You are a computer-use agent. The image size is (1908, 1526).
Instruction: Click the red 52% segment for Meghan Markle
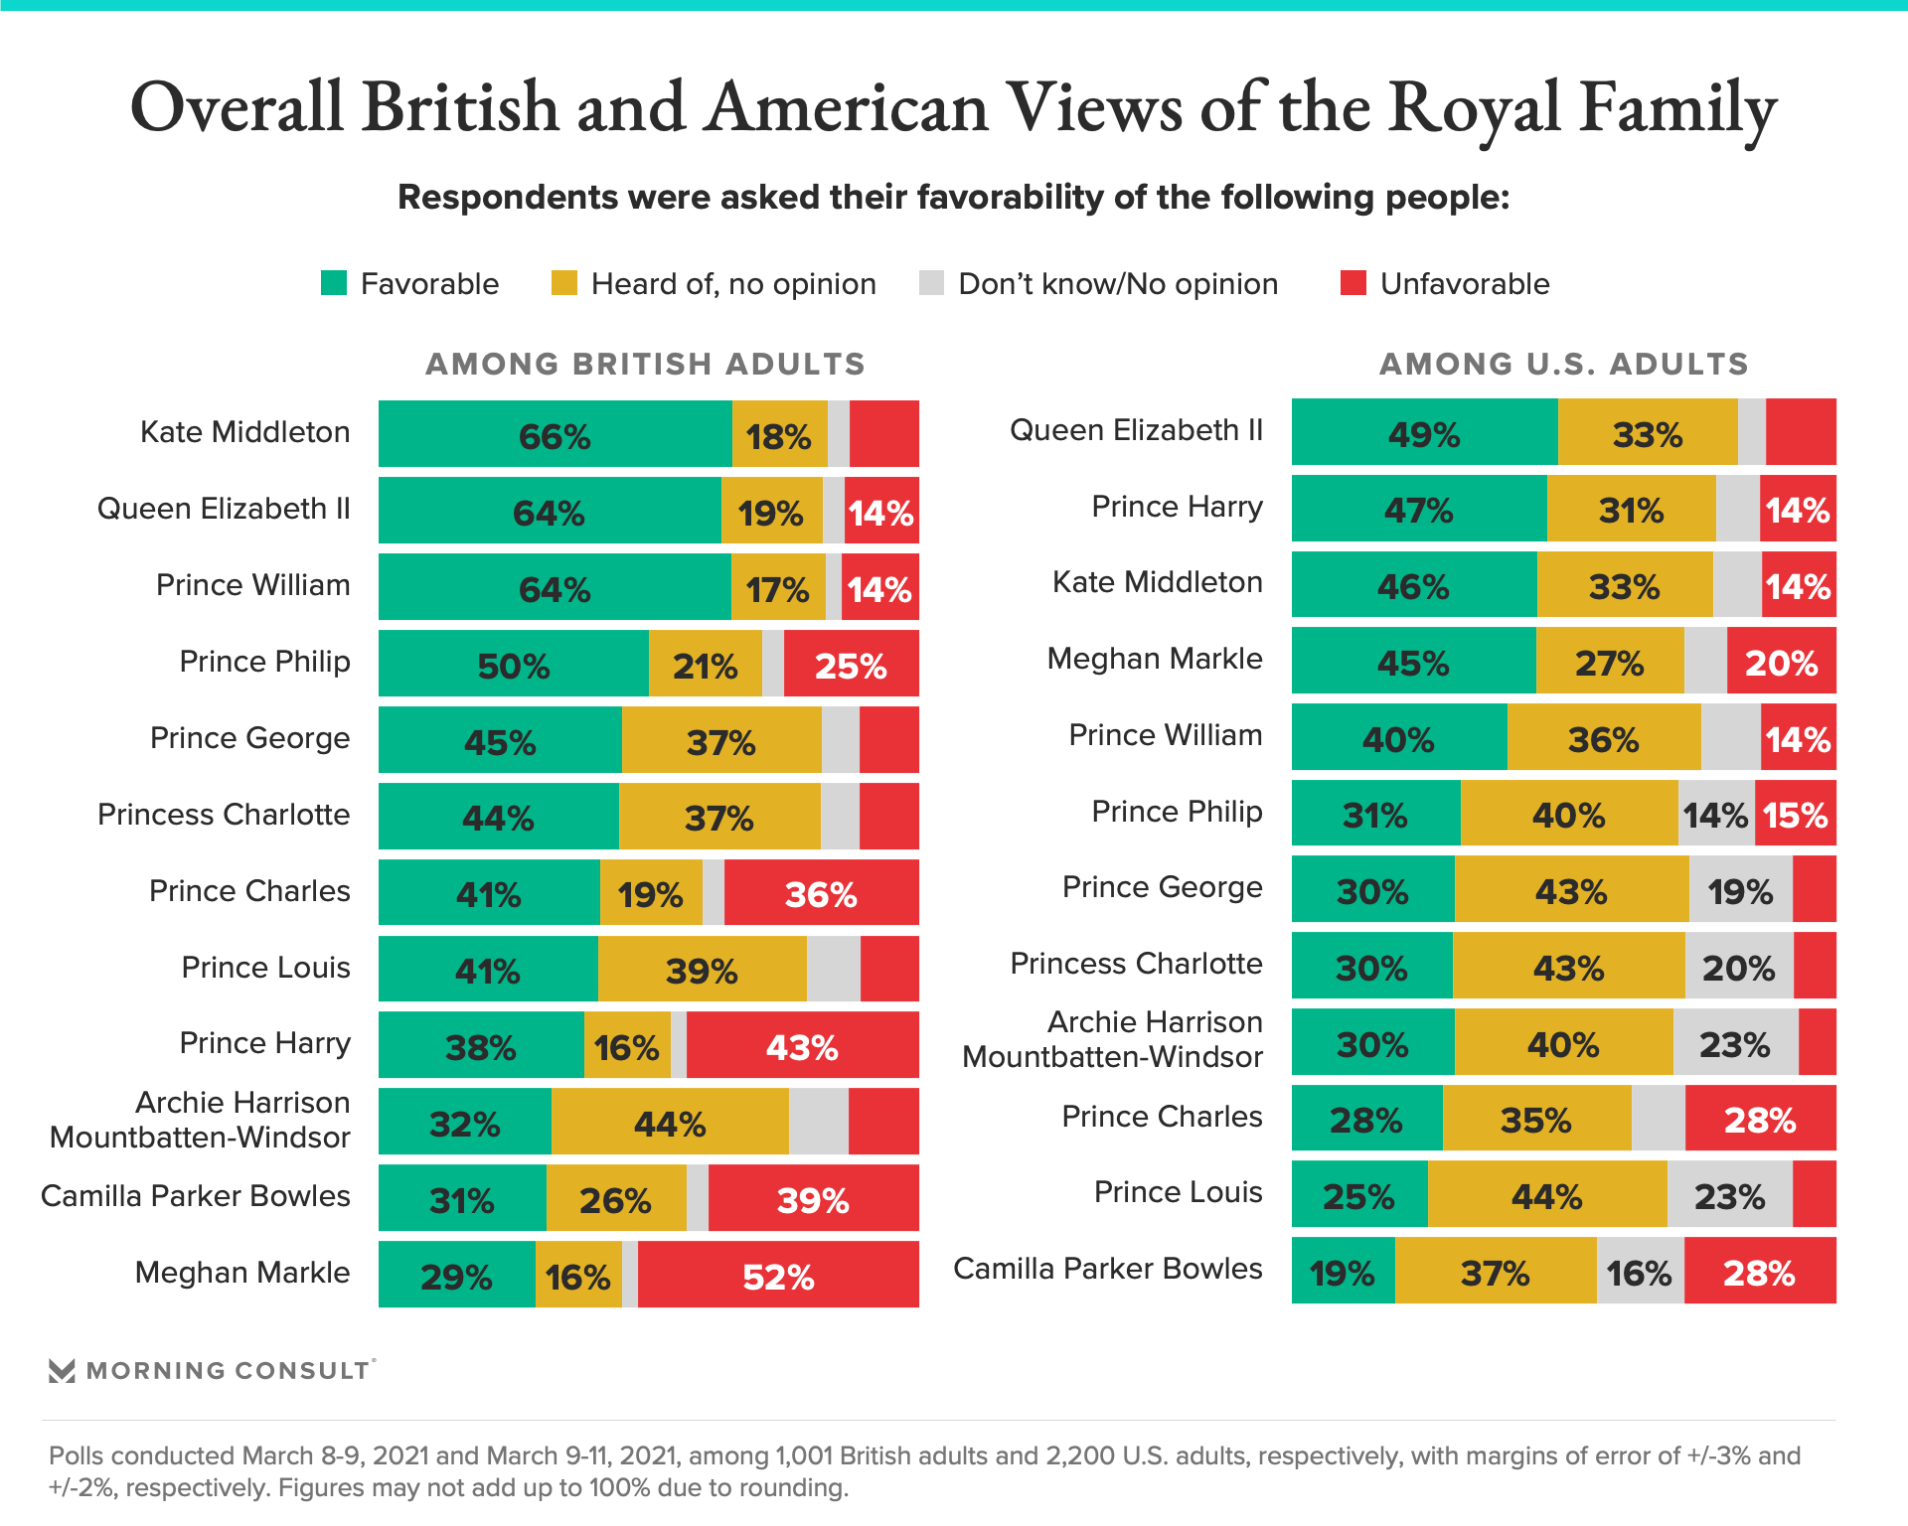point(778,1275)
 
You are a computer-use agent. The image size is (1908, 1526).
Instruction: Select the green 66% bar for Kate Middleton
point(555,434)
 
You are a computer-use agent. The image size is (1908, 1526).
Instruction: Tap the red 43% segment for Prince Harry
point(802,1045)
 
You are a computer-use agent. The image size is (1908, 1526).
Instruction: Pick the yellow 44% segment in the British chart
point(670,1122)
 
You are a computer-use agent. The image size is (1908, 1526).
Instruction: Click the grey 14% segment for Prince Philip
point(1716,814)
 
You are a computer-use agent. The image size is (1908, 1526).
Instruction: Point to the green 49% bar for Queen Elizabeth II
point(1424,432)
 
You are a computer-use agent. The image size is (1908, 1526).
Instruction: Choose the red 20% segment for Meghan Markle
point(1781,661)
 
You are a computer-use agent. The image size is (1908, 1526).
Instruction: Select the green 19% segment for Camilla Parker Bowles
point(1343,1271)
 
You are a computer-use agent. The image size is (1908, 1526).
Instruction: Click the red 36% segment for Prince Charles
point(821,892)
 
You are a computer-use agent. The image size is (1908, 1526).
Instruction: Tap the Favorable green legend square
point(334,283)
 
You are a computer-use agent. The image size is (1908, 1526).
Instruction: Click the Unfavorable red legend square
point(1353,283)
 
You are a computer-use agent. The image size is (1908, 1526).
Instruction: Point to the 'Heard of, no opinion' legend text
point(733,284)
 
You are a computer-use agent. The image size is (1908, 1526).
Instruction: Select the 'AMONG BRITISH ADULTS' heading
point(646,364)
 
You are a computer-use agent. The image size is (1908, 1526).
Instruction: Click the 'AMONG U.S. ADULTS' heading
point(1563,364)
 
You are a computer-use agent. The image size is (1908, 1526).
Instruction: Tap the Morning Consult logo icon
point(62,1371)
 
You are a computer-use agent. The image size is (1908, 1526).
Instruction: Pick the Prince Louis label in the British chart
point(265,968)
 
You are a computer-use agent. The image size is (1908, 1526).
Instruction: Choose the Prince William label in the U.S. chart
point(1165,735)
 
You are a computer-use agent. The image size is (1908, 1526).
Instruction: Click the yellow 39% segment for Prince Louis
point(702,969)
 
